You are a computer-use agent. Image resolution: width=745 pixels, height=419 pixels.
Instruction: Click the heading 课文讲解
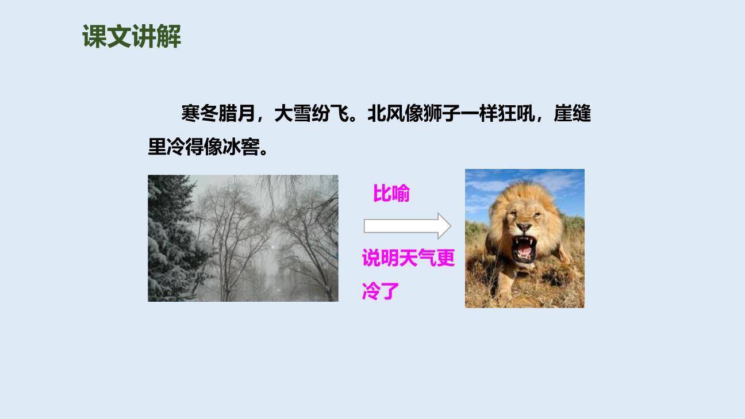(x=132, y=37)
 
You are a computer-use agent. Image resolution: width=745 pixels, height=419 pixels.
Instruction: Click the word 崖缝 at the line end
(x=573, y=114)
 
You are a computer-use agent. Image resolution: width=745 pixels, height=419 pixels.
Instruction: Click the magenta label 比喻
(x=391, y=194)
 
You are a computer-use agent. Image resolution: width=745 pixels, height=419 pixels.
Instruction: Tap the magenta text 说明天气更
(x=408, y=258)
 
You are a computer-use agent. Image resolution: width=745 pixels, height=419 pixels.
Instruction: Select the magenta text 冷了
(x=381, y=291)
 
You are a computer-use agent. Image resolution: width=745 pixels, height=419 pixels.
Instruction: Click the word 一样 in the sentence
(x=479, y=114)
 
